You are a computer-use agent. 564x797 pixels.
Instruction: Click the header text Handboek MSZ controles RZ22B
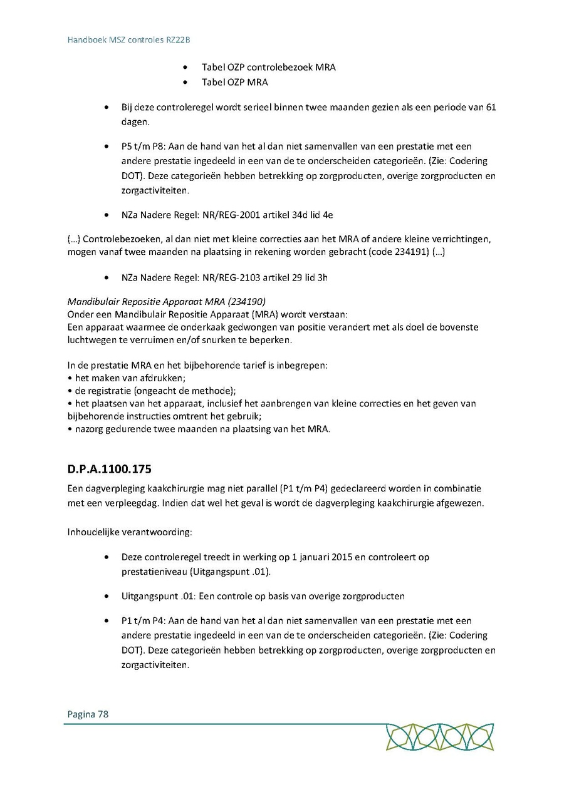(128, 39)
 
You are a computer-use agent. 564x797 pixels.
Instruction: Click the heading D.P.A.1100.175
(109, 468)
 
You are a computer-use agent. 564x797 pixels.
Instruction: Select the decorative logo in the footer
(440, 737)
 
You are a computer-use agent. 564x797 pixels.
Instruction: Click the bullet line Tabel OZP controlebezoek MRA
(268, 67)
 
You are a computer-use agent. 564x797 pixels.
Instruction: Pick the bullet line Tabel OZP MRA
(234, 82)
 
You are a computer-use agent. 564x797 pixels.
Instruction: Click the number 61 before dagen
(491, 107)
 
